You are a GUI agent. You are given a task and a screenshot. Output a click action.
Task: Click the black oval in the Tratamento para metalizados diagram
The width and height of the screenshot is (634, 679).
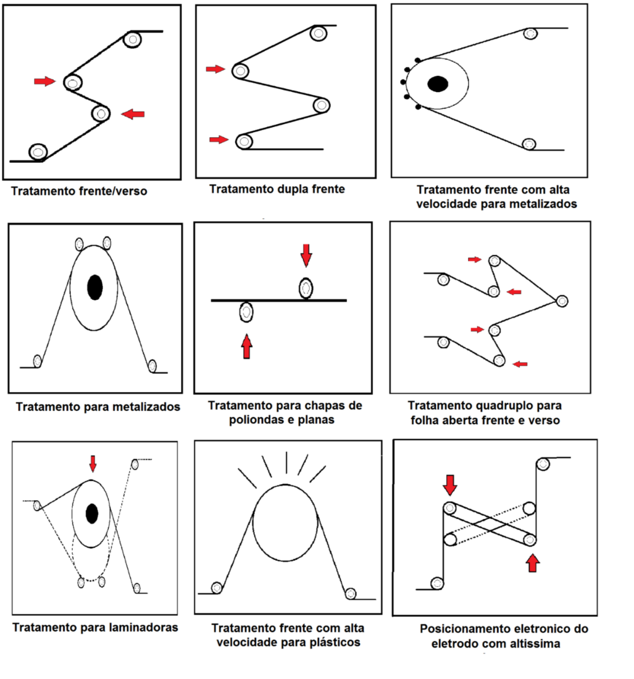tap(94, 288)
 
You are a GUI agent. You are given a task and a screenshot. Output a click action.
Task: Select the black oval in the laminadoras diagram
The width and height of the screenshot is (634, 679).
tap(92, 513)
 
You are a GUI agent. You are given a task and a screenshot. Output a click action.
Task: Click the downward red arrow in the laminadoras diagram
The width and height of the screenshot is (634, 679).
tap(93, 463)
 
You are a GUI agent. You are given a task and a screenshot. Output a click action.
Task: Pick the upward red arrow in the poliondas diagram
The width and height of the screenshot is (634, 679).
tap(247, 346)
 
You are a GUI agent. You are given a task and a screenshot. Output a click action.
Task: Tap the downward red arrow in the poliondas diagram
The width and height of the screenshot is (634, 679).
tap(306, 255)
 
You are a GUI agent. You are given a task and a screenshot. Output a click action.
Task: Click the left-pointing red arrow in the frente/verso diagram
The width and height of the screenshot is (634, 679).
tap(133, 114)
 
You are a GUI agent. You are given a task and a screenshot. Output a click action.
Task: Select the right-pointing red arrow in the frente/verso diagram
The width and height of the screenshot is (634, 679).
tap(44, 81)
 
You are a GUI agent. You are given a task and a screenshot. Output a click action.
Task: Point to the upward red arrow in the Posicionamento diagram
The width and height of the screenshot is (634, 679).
tap(533, 562)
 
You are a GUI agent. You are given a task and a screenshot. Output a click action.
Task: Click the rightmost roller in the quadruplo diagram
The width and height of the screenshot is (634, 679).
tap(561, 301)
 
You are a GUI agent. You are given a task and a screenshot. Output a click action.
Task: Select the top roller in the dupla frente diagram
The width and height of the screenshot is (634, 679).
tap(319, 33)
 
